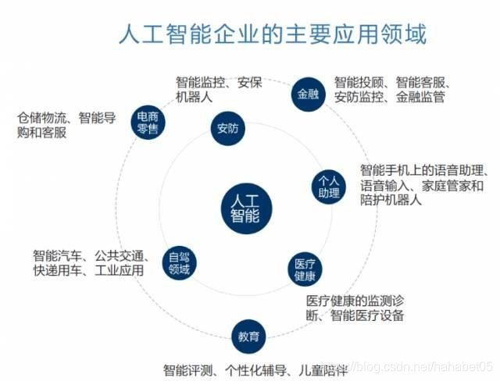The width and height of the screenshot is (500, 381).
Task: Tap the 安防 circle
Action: tap(227, 129)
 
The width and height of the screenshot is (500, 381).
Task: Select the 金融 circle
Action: tap(307, 94)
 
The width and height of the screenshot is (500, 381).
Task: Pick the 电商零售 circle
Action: tap(145, 121)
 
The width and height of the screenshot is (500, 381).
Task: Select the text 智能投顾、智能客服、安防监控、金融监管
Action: tap(389, 90)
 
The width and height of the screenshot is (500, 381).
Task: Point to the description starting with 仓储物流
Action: tap(66, 126)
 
